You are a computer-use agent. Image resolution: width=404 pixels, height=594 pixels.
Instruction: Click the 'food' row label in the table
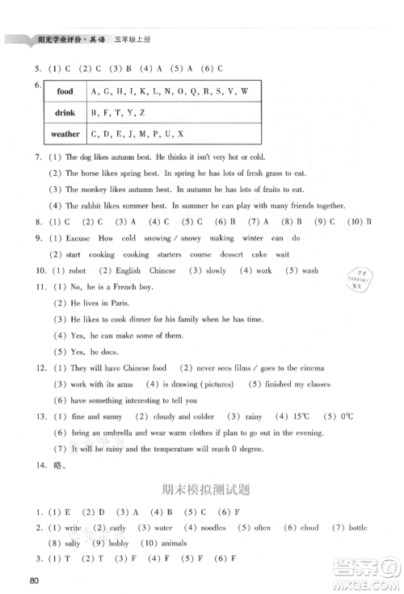65,92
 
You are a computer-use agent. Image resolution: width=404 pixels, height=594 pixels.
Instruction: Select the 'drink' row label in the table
65,113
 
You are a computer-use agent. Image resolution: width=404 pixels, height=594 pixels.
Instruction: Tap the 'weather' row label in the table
65,134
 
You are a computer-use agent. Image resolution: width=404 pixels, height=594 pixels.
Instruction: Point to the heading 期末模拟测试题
201,487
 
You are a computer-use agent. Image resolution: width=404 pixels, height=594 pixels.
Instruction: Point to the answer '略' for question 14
48,466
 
